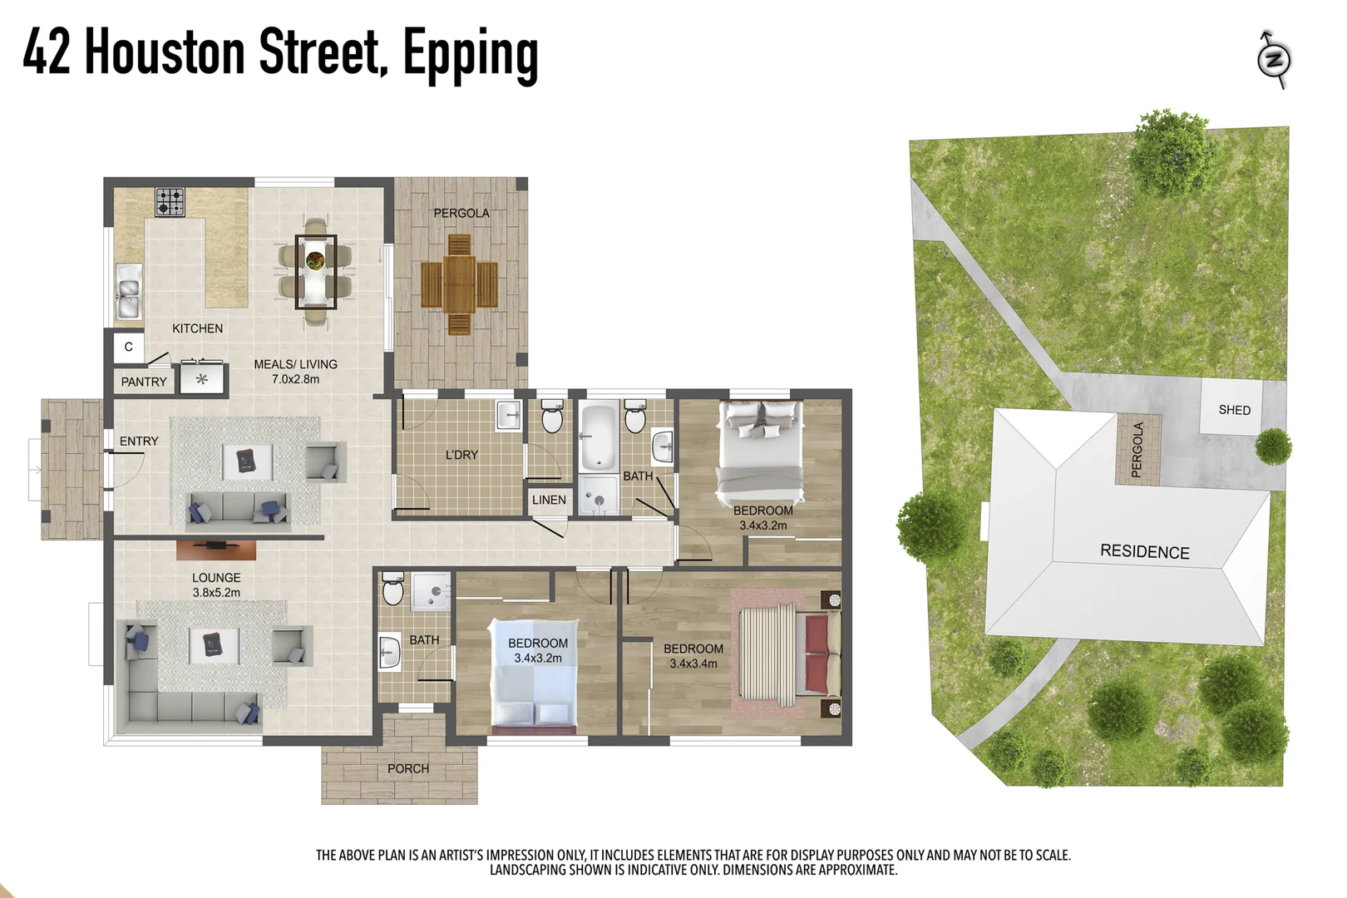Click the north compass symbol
[x=1274, y=60]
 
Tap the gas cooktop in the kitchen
[x=170, y=201]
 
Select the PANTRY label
[x=144, y=382]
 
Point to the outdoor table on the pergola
[x=459, y=284]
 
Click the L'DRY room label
[x=461, y=455]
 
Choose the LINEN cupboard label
[x=549, y=500]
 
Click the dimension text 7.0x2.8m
[x=295, y=379]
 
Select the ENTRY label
[x=139, y=441]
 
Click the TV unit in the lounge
[x=216, y=550]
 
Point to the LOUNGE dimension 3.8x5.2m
[x=216, y=593]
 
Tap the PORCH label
[x=408, y=768]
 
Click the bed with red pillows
[x=790, y=653]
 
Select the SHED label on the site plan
[x=1234, y=410]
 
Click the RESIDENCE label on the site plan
[x=1144, y=552]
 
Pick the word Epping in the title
[x=471, y=54]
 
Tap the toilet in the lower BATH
[x=392, y=590]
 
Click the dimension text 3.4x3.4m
[x=693, y=664]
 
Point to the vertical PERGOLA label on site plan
[x=1137, y=449]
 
